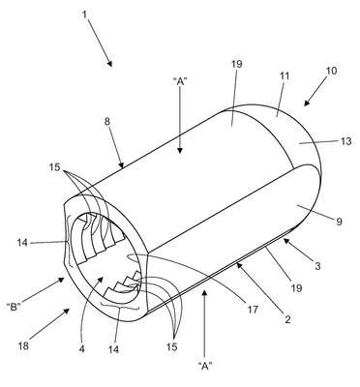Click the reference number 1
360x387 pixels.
tap(84, 15)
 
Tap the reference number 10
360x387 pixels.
tap(331, 71)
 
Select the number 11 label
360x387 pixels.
tap(285, 76)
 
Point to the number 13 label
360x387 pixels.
tap(345, 141)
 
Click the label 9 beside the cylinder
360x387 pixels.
tap(339, 222)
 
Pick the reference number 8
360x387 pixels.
tap(107, 122)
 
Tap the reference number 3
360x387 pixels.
tap(317, 266)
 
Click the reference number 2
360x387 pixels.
tap(287, 319)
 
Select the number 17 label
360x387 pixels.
tap(254, 310)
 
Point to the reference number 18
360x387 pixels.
tap(23, 346)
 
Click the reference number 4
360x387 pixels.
tap(82, 349)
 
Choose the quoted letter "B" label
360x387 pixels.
tap(14, 307)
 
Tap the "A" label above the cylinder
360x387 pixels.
tap(180, 82)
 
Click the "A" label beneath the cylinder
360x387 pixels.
tap(205, 366)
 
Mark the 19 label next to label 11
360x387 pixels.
tap(236, 64)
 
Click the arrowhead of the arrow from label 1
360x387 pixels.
tap(110, 64)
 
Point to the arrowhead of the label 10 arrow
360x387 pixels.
tap(306, 103)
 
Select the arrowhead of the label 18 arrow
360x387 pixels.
tap(67, 311)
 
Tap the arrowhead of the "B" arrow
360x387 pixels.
tap(61, 281)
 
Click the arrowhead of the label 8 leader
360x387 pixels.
tap(122, 165)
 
